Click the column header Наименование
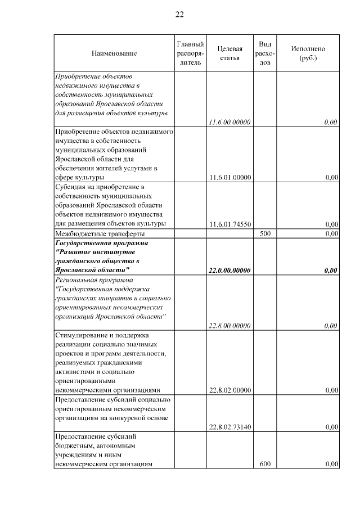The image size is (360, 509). [x=114, y=53]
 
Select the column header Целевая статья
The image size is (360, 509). [x=229, y=53]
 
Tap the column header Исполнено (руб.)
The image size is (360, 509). [x=308, y=53]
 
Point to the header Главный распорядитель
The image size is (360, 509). [x=190, y=53]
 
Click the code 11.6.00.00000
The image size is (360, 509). [x=229, y=122]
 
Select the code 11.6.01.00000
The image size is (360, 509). [x=229, y=178]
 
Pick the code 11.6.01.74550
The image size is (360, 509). [x=229, y=224]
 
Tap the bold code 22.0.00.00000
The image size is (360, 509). [x=229, y=271]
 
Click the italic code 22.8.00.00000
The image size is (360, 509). [x=229, y=326]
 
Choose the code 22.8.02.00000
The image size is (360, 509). [x=229, y=390]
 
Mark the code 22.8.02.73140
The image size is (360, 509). [x=229, y=427]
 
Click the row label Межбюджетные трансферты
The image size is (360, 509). [x=100, y=233]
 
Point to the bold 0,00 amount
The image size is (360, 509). [x=331, y=271]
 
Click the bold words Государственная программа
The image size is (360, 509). [x=102, y=243]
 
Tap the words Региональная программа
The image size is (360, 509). [x=94, y=280]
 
